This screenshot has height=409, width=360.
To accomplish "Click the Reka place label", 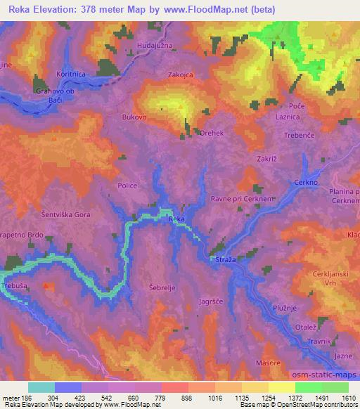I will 176,220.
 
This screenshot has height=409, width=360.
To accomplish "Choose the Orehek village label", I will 212,132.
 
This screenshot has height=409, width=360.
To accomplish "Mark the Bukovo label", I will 134,118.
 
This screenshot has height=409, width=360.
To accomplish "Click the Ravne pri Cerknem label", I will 243,200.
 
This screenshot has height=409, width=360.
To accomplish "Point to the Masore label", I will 267,363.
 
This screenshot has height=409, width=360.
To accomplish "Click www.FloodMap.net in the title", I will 211,9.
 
